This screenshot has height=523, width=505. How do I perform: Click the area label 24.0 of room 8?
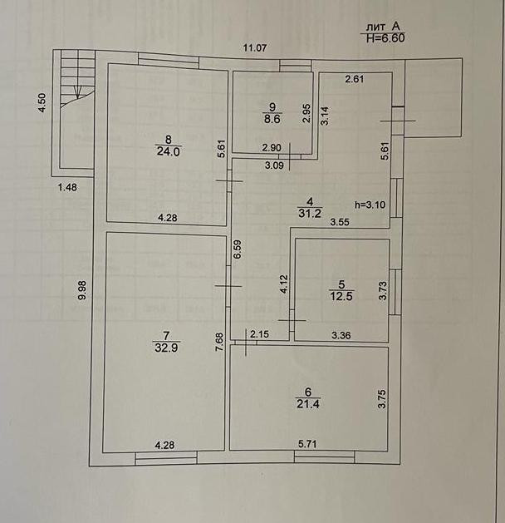coord(168,150)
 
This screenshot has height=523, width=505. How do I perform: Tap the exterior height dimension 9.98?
coord(81,290)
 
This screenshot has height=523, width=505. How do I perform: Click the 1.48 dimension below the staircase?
coord(67,187)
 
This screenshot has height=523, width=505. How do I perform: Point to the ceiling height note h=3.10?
coord(370,202)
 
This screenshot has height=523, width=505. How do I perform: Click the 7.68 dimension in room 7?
coord(220,343)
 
